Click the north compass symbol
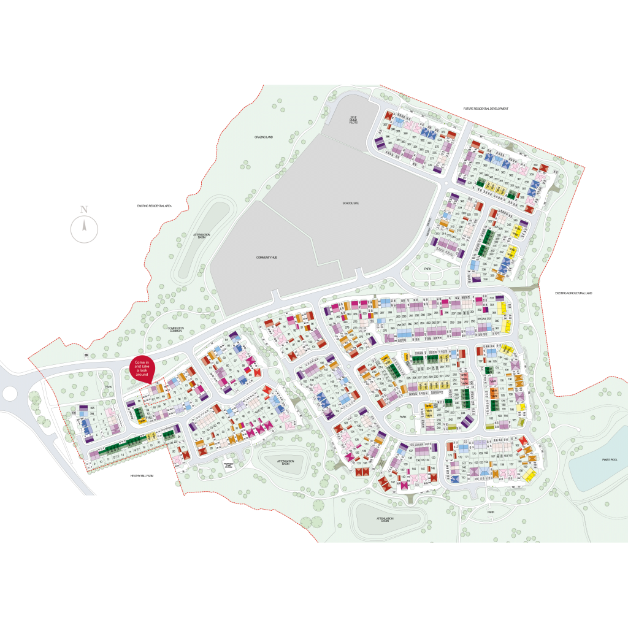(x=84, y=229)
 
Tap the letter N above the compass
(x=84, y=209)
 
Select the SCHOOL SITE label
(x=350, y=202)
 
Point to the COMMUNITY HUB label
(x=267, y=258)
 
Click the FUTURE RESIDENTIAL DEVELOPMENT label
(x=486, y=109)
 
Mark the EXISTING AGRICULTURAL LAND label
(x=574, y=293)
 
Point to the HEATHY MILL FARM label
(x=141, y=475)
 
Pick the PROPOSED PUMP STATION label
(x=229, y=464)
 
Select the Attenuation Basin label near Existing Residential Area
(x=201, y=235)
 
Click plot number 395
(x=93, y=408)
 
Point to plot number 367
(x=385, y=125)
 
